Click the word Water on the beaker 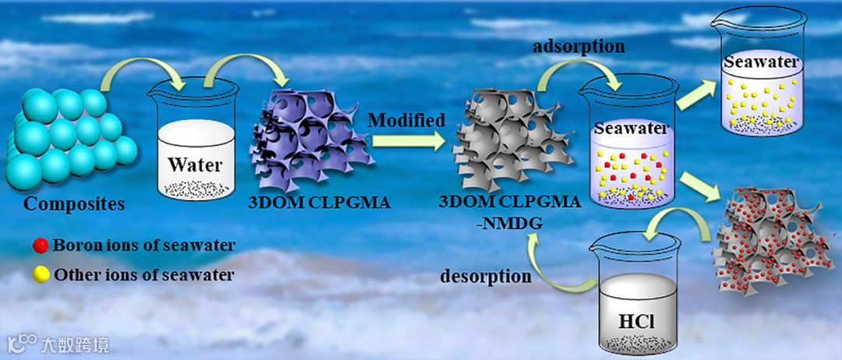point(196,165)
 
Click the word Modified point(407,121)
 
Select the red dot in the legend point(41,246)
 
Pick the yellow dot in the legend point(41,274)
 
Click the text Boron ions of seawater point(144,246)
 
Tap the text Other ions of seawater point(143,274)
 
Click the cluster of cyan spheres point(62,140)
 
